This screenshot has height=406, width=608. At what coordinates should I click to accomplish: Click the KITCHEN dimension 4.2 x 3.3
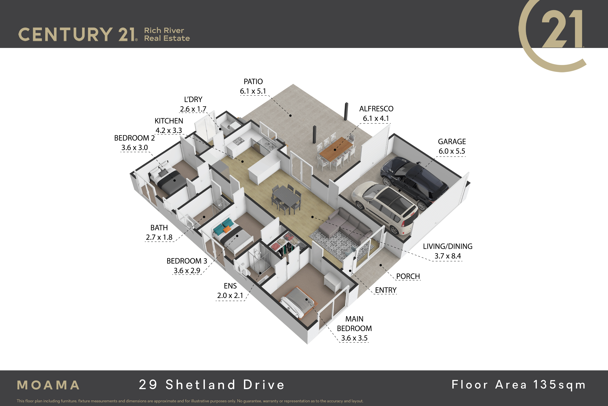(169, 130)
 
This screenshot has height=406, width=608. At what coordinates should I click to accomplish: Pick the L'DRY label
(193, 99)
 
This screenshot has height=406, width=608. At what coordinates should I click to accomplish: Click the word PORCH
(408, 276)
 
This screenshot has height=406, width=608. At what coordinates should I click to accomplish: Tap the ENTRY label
(386, 290)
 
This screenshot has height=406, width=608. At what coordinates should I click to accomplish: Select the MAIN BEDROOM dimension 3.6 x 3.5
(354, 338)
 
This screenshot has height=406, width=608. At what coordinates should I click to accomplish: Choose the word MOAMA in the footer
(48, 385)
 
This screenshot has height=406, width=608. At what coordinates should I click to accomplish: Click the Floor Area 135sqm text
(519, 385)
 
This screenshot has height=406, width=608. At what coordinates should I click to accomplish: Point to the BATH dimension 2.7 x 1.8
(159, 237)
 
